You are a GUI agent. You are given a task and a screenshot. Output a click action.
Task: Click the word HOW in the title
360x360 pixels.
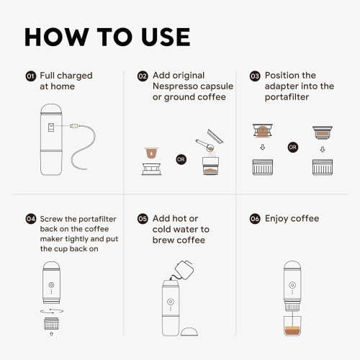(x=59, y=37)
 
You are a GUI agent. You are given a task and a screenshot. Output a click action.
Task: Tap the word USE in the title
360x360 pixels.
(x=160, y=37)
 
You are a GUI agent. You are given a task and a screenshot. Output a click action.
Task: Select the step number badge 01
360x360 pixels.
(x=30, y=76)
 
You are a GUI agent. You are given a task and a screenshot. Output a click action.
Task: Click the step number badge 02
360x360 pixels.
(x=143, y=76)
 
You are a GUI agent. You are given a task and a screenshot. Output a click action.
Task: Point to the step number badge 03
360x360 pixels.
(x=255, y=76)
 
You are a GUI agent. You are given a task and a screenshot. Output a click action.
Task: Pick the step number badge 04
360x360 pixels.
(x=30, y=219)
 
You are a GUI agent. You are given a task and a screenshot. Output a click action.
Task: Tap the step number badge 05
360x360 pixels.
(x=143, y=219)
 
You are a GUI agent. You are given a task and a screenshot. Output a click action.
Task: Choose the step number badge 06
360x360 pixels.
(x=255, y=219)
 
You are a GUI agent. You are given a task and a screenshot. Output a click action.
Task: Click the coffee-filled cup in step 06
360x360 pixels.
(x=292, y=325)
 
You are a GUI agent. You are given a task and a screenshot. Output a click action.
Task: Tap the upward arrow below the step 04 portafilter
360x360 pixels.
(x=50, y=333)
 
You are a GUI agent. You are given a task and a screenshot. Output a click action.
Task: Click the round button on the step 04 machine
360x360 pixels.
(x=50, y=284)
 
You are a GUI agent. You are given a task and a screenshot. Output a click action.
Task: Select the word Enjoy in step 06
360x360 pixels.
(x=279, y=219)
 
